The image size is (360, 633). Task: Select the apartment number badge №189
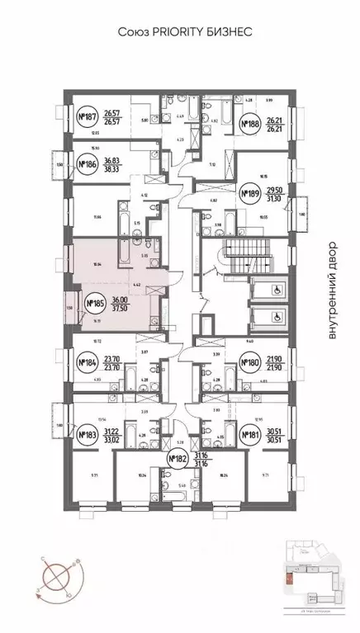[x=249, y=194]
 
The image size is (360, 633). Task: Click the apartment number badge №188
[x=249, y=125]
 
